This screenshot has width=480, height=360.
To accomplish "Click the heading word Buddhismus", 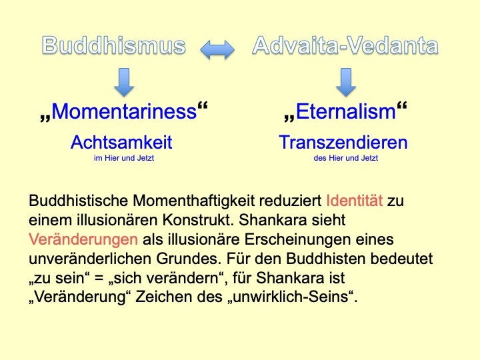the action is tap(114, 45).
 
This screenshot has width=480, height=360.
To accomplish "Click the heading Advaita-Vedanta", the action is tap(345, 45).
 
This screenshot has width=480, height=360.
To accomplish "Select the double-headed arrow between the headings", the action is tap(217, 49).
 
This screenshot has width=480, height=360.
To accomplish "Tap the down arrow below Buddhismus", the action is tap(124, 82).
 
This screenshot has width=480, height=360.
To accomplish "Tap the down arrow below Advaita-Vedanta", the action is tap(346, 82).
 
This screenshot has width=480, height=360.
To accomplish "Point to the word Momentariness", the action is tap(124, 111).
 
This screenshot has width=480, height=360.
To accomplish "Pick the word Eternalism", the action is tap(346, 111).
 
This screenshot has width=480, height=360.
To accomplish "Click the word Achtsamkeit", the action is tap(121, 143).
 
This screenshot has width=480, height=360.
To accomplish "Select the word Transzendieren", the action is tap(343, 143).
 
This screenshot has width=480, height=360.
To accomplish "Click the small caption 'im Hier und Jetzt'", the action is tap(124, 158).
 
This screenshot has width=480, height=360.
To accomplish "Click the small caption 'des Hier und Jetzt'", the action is tap(346, 158).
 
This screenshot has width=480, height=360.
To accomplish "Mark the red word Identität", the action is tap(355, 201).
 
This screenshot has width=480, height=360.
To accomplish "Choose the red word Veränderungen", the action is tap(83, 239).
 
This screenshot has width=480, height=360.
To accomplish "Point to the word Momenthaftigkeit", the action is tap(194, 201).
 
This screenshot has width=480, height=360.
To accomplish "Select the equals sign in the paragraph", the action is tap(99, 279).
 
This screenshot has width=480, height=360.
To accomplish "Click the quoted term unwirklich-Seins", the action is tap(291, 297).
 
